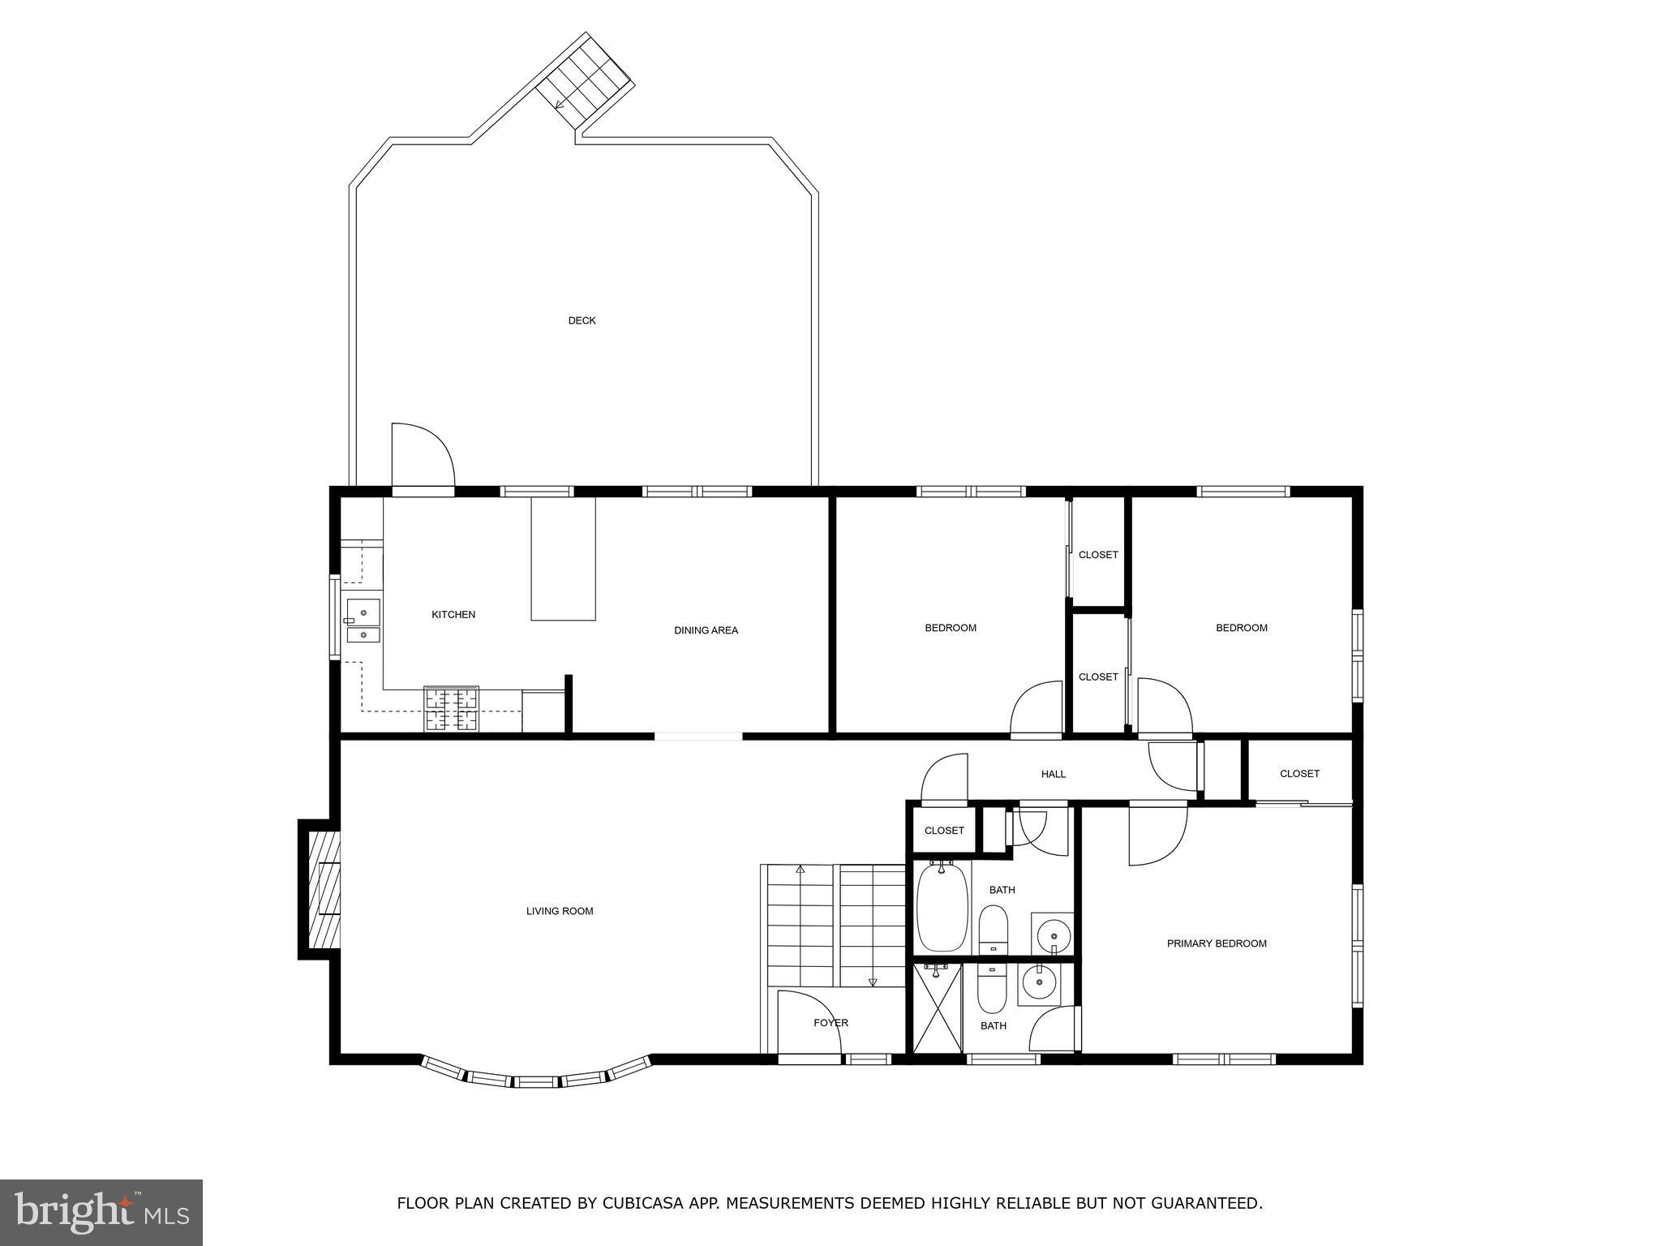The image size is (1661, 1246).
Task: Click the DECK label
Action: [x=582, y=320]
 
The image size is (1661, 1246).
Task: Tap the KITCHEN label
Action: [x=453, y=615]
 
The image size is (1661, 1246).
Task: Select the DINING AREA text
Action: [x=706, y=630]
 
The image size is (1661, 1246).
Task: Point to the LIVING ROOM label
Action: [x=560, y=911]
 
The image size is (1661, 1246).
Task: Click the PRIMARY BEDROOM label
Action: [x=1217, y=943]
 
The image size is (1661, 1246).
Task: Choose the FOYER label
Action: [x=831, y=1023]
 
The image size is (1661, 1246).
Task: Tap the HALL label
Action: [x=1054, y=774]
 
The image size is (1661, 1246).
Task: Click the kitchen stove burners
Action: [x=451, y=709]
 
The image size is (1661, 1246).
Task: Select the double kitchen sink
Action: [x=363, y=621]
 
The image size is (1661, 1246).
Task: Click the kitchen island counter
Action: [x=563, y=559]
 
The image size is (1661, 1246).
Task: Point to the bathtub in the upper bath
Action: [x=942, y=907]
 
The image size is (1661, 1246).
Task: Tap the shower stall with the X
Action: [x=938, y=1008]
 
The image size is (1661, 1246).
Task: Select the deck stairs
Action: [x=584, y=79]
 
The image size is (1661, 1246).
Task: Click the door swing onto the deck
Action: [x=423, y=454]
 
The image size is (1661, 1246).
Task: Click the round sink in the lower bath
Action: [x=1037, y=984]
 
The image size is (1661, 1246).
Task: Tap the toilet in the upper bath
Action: [x=993, y=930]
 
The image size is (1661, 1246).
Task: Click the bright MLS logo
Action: [x=101, y=1212]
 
